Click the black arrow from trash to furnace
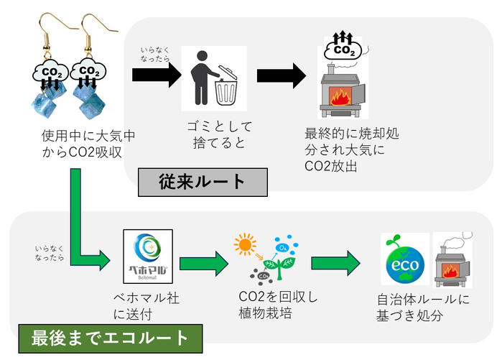(281, 78)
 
